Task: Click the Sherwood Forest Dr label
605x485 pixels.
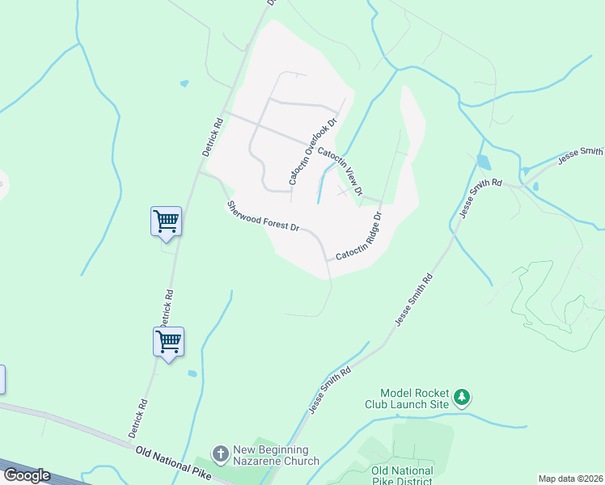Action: click(x=264, y=216)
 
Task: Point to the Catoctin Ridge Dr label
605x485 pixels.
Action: click(x=359, y=236)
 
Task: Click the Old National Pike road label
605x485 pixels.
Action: click(x=173, y=462)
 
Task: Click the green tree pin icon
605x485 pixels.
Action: click(x=462, y=397)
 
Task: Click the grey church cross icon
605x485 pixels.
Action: click(x=220, y=454)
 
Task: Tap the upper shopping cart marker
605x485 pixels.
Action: click(x=166, y=220)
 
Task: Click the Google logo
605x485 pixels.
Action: click(x=27, y=475)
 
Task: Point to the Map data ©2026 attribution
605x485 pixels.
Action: click(x=571, y=479)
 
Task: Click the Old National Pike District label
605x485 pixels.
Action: click(x=402, y=475)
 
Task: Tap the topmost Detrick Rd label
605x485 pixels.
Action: click(x=212, y=137)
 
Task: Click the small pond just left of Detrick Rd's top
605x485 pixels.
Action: click(x=184, y=83)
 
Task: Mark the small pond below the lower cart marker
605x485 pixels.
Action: click(x=192, y=373)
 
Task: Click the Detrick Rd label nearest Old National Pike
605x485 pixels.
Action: click(x=137, y=418)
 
